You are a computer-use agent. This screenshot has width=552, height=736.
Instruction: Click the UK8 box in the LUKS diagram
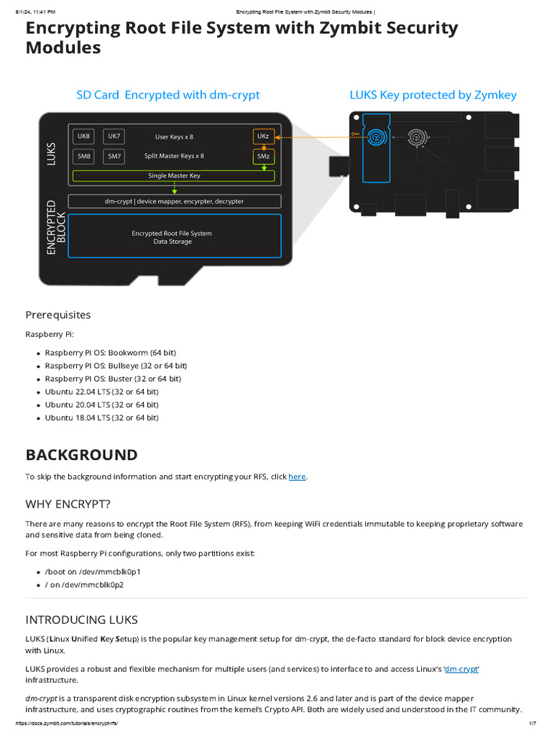coord(84,136)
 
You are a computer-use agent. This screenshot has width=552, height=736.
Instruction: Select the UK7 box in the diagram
coord(114,136)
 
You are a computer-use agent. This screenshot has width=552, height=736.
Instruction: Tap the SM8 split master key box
coord(84,155)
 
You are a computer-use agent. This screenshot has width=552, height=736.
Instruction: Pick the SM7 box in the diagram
coord(114,155)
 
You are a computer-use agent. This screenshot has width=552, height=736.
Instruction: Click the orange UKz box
coord(263,136)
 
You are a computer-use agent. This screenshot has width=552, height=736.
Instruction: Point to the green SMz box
coord(263,155)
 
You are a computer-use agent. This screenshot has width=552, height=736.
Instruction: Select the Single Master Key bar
coord(174,175)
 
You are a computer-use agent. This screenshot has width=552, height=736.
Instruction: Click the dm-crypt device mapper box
coord(174,201)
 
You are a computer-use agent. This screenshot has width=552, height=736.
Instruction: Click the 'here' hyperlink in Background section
coord(297,477)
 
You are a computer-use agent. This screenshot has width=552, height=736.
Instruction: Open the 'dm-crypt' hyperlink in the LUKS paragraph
coord(461,669)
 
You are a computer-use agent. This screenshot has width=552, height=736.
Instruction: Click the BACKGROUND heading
coord(81,455)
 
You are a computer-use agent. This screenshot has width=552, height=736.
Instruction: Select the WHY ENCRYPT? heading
coord(68,504)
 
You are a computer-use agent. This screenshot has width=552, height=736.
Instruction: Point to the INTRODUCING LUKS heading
coord(81,620)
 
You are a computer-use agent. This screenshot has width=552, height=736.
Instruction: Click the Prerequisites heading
coord(58,315)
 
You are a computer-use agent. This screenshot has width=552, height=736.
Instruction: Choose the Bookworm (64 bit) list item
coord(110,353)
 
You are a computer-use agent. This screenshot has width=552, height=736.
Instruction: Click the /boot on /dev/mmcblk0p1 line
coord(93,571)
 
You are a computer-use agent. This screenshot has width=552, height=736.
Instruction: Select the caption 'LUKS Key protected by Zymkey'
coord(433,95)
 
